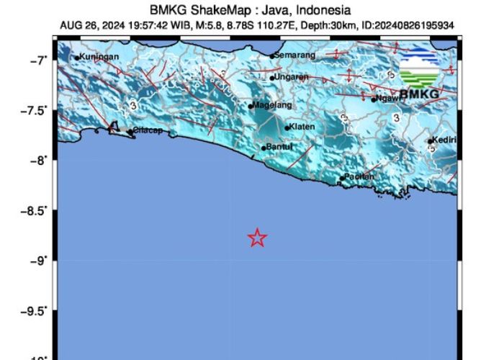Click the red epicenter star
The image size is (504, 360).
coord(258,238)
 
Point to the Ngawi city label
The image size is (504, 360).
coord(387,99)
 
